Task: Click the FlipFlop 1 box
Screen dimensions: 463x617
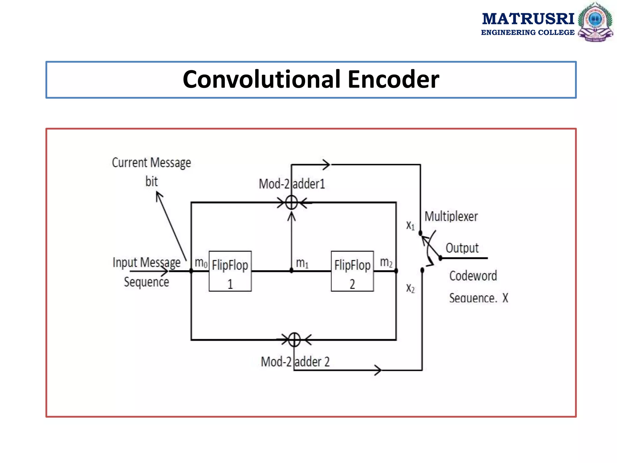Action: pos(230,271)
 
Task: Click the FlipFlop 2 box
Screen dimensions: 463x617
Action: pos(352,271)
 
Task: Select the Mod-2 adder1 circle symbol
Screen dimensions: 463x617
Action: pos(291,202)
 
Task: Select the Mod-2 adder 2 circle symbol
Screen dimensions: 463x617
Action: pos(294,340)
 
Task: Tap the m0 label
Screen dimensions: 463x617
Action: pos(201,263)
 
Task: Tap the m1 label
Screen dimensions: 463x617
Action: pos(302,263)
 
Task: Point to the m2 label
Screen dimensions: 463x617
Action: pos(386,262)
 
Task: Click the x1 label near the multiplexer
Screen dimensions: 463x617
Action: pos(410,225)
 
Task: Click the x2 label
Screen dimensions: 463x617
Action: pos(410,288)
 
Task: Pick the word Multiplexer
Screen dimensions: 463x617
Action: pos(451,216)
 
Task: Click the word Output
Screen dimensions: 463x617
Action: pos(462,248)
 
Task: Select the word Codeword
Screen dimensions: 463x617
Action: pos(473,276)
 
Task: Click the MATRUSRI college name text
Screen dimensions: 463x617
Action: pos(528,19)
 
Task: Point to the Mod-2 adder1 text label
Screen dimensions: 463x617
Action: pos(292,184)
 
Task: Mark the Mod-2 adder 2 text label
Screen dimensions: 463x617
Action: pos(295,362)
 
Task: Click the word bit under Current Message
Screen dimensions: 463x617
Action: pos(151,181)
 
